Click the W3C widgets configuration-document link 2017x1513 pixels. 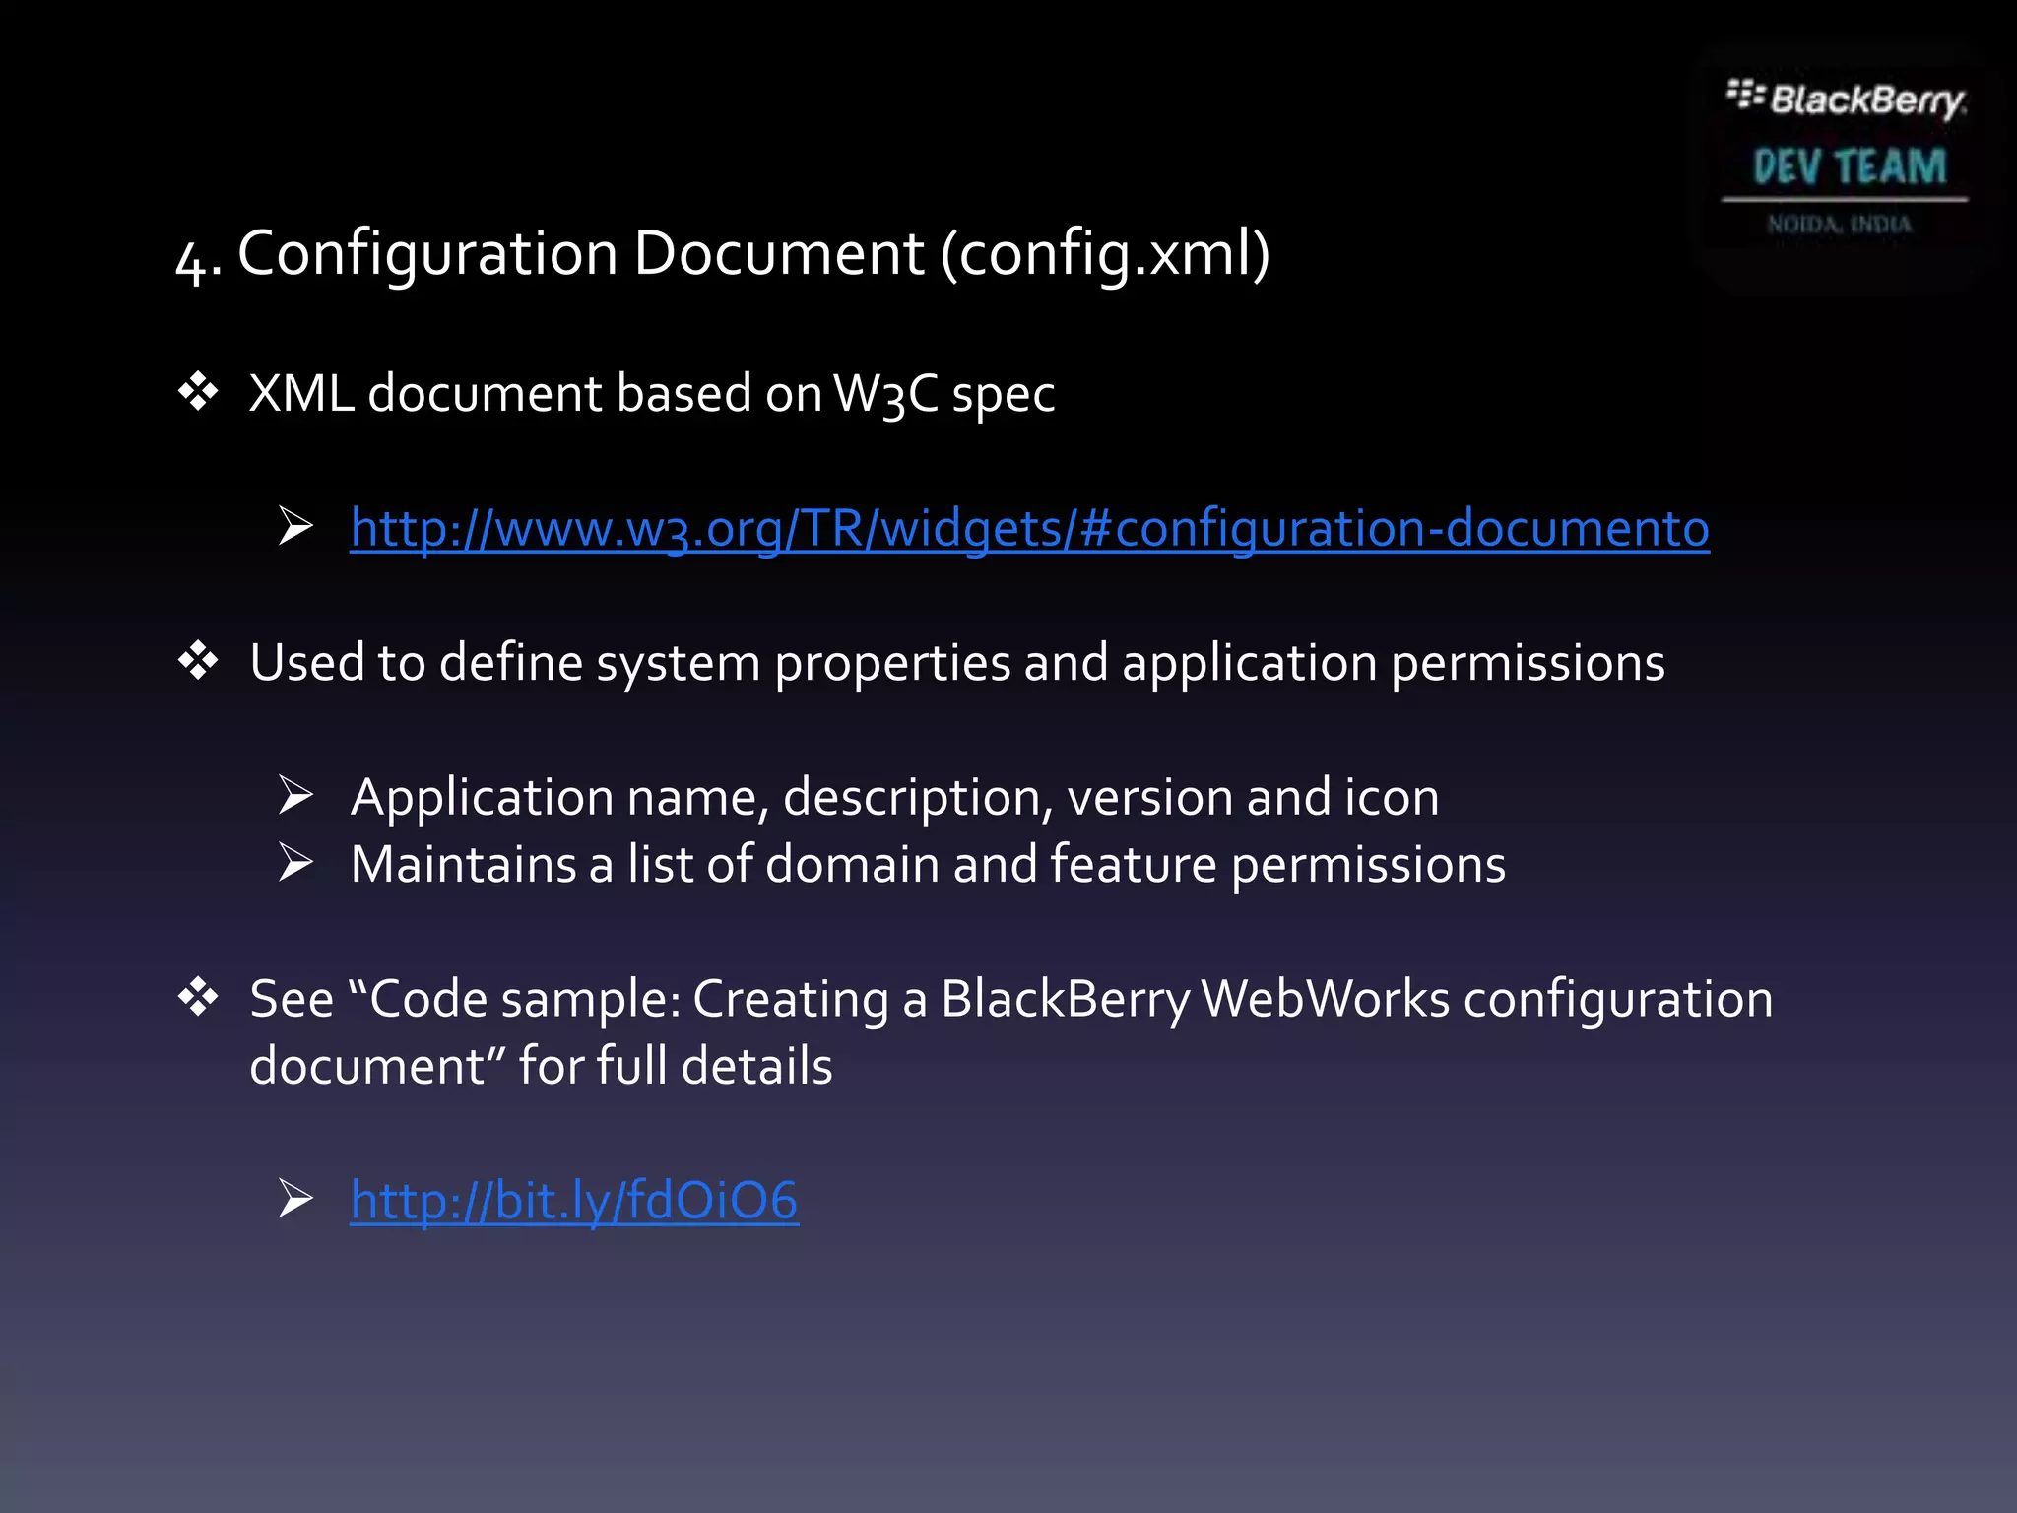(1029, 528)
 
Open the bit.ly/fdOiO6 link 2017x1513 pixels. (574, 1201)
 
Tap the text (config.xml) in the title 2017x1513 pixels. (1105, 254)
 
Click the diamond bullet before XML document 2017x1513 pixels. (198, 392)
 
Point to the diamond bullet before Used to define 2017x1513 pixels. (198, 661)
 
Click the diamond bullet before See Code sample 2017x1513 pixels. (198, 998)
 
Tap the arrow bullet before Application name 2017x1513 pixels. (295, 795)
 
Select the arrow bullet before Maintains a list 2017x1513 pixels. (295, 863)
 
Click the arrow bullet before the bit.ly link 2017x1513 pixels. (295, 1199)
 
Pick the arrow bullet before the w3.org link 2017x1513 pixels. (295, 526)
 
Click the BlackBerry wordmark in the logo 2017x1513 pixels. (1866, 100)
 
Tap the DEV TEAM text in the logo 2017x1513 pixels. (1850, 166)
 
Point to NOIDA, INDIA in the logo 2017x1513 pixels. (1839, 225)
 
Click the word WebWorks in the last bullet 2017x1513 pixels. (1326, 999)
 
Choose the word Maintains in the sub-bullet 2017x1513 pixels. (463, 864)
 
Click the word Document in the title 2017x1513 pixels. (778, 254)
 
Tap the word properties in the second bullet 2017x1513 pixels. (892, 663)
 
